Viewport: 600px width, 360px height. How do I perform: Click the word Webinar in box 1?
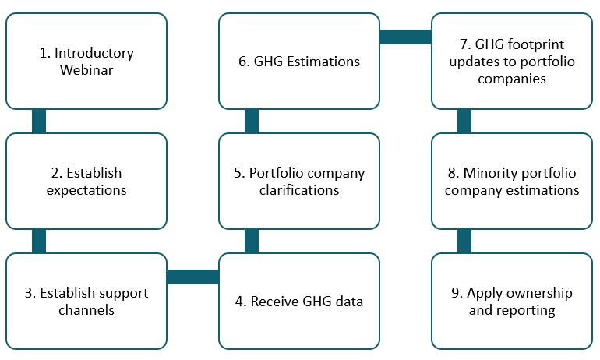pos(86,70)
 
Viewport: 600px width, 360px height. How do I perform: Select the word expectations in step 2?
pos(86,190)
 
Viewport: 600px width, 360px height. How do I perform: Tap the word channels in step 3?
pos(86,310)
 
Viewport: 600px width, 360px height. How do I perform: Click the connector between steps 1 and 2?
pos(39,122)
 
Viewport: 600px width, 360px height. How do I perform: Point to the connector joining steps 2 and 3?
pos(39,241)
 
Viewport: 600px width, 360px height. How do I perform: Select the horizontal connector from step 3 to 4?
pos(193,277)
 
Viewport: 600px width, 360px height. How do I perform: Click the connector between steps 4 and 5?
pos(252,241)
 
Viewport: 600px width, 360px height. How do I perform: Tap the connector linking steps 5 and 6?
pos(252,122)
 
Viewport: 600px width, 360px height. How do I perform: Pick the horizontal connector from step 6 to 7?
pos(406,37)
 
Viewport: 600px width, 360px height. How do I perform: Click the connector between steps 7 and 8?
pos(464,122)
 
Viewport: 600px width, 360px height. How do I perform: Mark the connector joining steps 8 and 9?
pos(464,241)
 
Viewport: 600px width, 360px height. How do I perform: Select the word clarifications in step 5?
pos(299,190)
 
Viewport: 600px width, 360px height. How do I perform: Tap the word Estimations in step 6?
pos(323,62)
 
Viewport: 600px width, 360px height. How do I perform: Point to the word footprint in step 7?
pos(538,44)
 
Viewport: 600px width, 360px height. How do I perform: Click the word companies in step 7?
pos(512,79)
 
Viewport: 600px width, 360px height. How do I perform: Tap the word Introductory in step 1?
pos(94,53)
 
